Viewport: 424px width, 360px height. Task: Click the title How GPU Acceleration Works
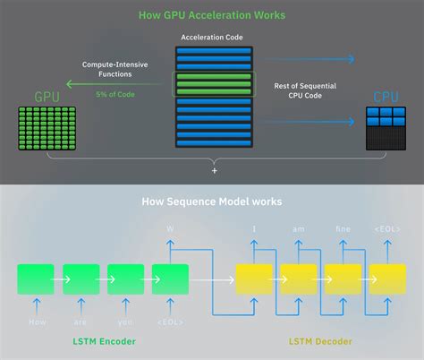pyautogui.click(x=212, y=15)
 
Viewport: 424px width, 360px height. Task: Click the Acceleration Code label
pyautogui.click(x=212, y=38)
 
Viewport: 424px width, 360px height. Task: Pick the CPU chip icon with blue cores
pyautogui.click(x=385, y=127)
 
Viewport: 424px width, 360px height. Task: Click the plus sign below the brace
pyautogui.click(x=212, y=169)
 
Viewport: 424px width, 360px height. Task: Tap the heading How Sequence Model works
pyautogui.click(x=212, y=202)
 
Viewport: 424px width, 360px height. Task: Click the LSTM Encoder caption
pyautogui.click(x=104, y=341)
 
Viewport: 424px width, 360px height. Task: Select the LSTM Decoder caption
pyautogui.click(x=320, y=341)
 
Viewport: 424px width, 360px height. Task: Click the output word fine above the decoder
pyautogui.click(x=343, y=230)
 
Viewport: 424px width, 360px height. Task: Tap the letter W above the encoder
pyautogui.click(x=170, y=230)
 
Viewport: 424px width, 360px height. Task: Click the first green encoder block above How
pyautogui.click(x=35, y=279)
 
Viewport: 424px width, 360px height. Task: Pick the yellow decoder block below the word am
pyautogui.click(x=298, y=279)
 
